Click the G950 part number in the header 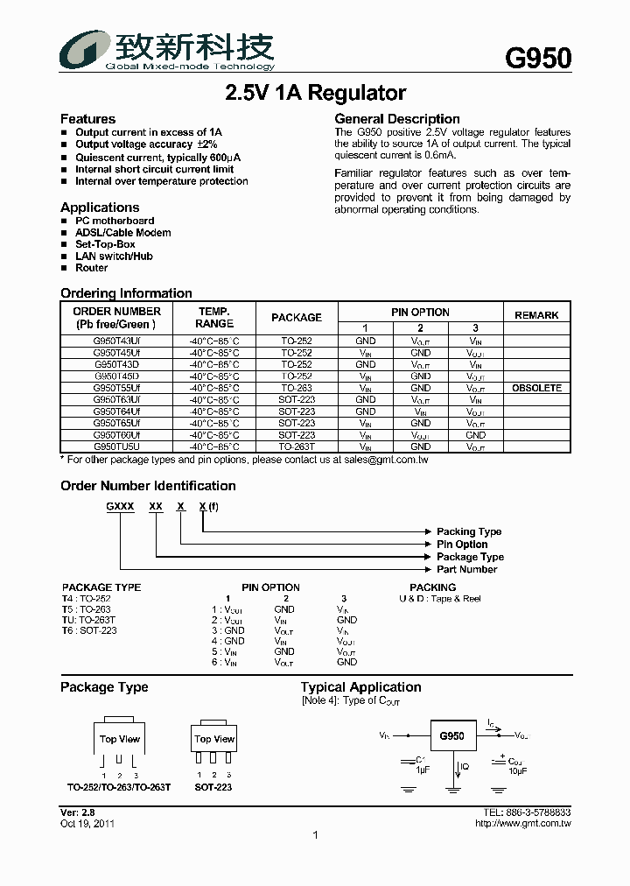tap(538, 58)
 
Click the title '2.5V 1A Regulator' tap(315, 93)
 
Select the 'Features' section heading tap(87, 119)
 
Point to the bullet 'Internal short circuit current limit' tap(154, 169)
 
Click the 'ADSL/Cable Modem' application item tap(122, 233)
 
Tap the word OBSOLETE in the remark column tap(536, 388)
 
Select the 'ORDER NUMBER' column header tap(116, 312)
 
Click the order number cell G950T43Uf tap(116, 341)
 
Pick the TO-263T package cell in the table tap(297, 447)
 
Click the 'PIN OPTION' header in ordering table tap(420, 313)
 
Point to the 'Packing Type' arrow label tap(469, 532)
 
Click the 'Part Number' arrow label tap(466, 569)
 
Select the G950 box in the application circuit tap(451, 736)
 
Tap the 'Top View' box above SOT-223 tap(214, 740)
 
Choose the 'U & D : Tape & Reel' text tap(439, 599)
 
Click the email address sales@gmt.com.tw tap(385, 460)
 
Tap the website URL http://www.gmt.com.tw tap(522, 824)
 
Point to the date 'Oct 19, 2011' tap(87, 824)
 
